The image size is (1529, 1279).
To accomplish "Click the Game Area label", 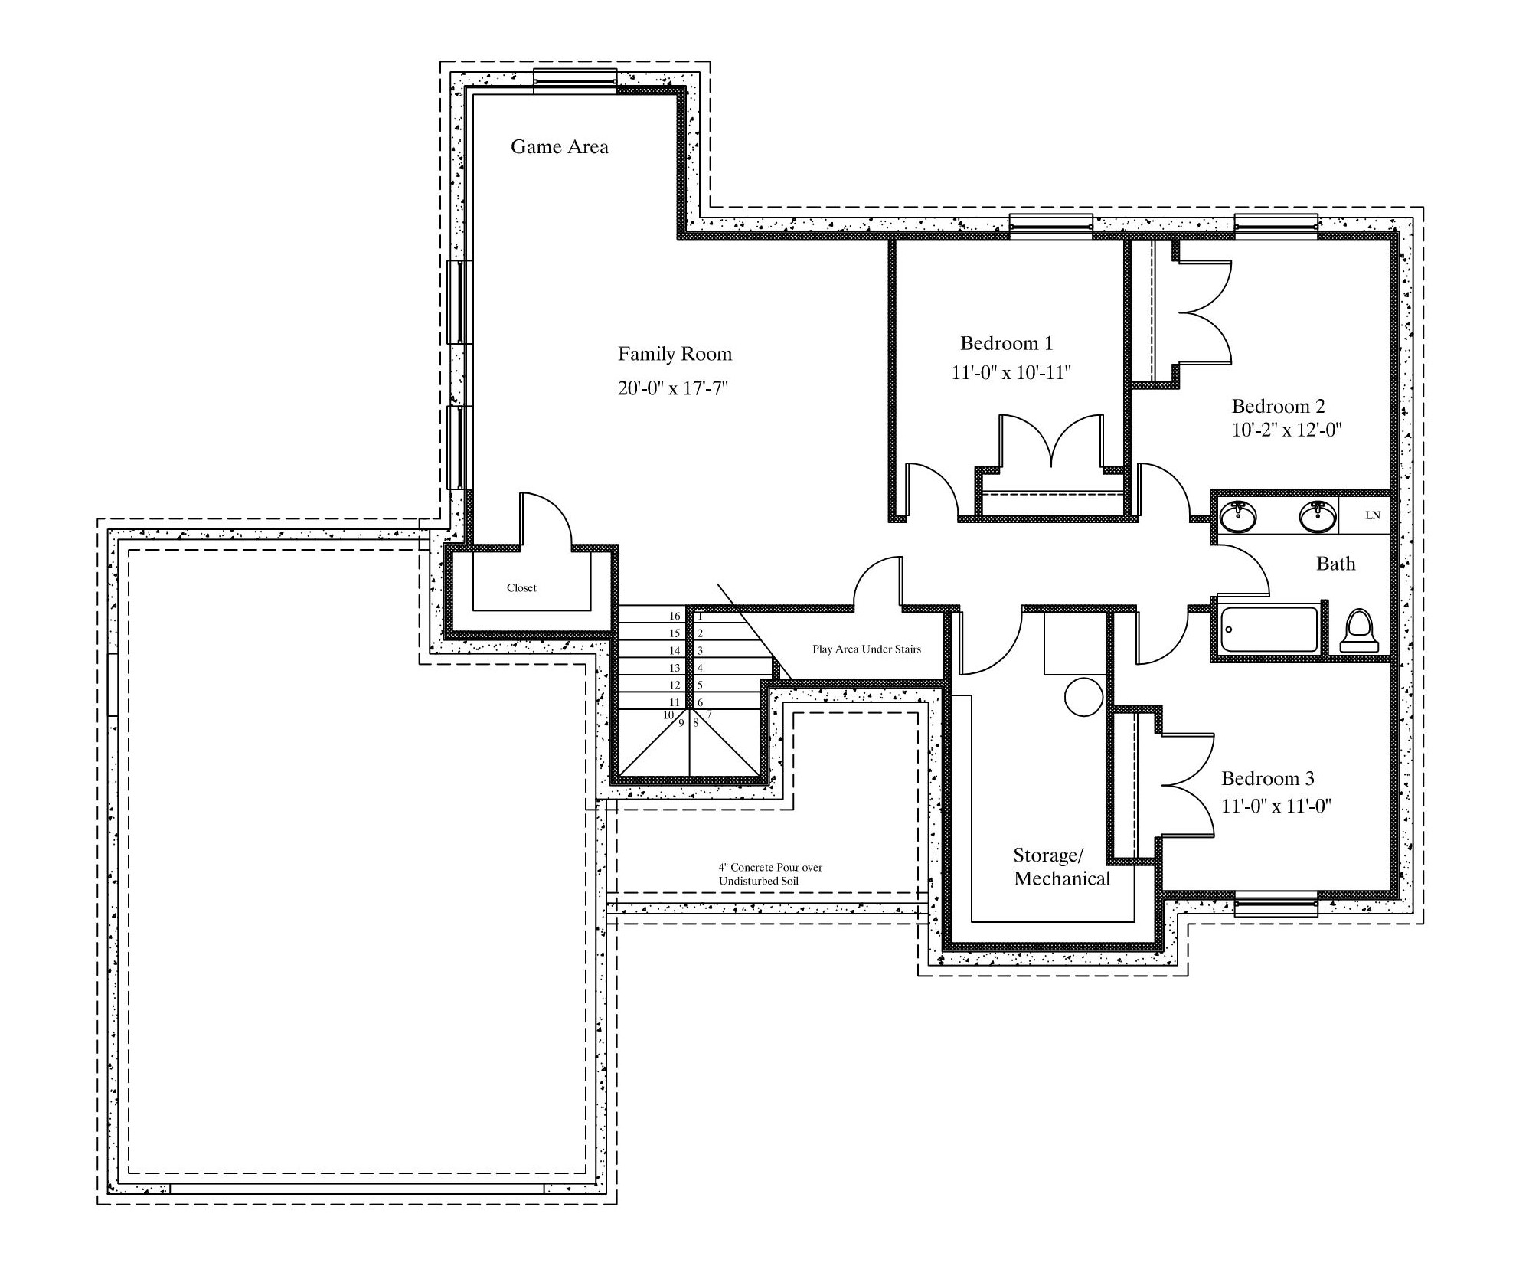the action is (x=559, y=147).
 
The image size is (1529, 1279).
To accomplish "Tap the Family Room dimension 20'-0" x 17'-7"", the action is (x=672, y=388).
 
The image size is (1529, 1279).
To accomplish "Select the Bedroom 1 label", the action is (x=1006, y=342).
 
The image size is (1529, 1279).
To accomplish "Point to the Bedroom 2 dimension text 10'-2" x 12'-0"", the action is (x=1286, y=430).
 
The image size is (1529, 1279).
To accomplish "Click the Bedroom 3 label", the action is (x=1267, y=778).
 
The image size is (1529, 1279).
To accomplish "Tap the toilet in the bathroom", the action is (x=1359, y=630).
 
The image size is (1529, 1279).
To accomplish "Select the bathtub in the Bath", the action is (x=1269, y=630).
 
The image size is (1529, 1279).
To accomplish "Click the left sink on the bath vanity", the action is (x=1237, y=516).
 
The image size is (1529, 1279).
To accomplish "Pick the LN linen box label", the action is (x=1373, y=515).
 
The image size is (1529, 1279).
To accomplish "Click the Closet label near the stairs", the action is (x=521, y=587).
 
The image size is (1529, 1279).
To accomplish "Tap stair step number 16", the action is (x=675, y=616).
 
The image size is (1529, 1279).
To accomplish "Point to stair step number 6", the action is (x=700, y=702).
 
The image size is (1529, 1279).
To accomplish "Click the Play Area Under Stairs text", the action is (x=867, y=649).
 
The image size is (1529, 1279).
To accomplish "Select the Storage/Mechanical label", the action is (x=1061, y=866).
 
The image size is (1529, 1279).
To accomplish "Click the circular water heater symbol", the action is (x=1083, y=697).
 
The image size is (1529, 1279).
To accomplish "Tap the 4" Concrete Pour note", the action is (x=770, y=874).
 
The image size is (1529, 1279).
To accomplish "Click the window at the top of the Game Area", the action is (x=575, y=81).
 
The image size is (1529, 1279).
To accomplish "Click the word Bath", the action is (x=1335, y=564).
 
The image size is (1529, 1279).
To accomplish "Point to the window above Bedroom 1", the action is (x=1050, y=227).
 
